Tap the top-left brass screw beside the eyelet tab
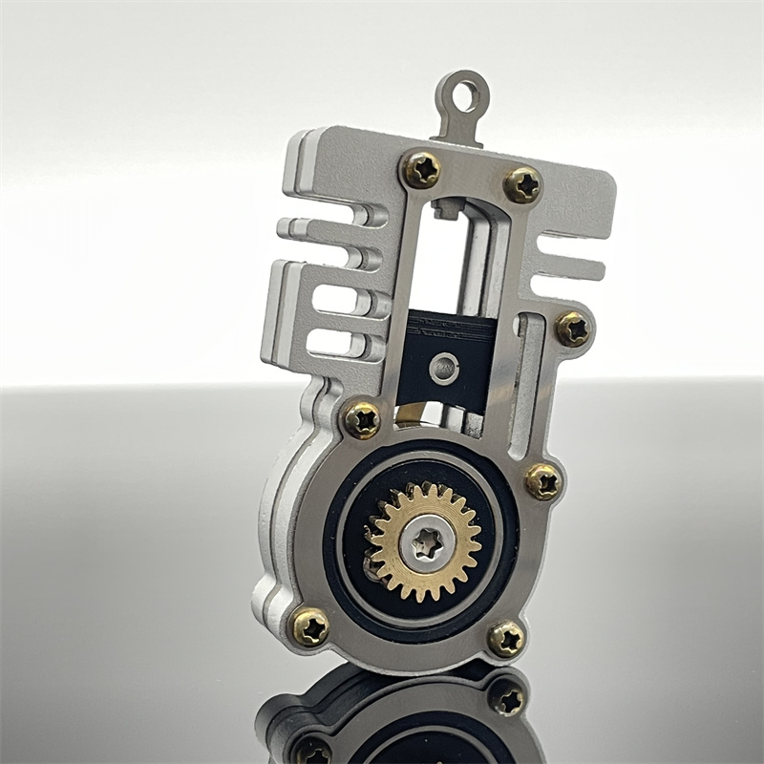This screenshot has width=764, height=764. click(x=421, y=170)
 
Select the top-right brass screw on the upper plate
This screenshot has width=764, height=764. click(x=522, y=184)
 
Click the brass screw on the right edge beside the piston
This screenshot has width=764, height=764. click(x=573, y=329)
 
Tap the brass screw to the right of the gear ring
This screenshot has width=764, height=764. click(x=542, y=481)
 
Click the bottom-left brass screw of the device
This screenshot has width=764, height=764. click(x=310, y=626)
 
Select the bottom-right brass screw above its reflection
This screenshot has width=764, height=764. click(x=506, y=638)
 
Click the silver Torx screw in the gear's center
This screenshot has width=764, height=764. click(x=425, y=541)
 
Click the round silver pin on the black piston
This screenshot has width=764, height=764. click(x=443, y=365)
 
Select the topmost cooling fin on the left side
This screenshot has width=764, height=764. click(x=320, y=230)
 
